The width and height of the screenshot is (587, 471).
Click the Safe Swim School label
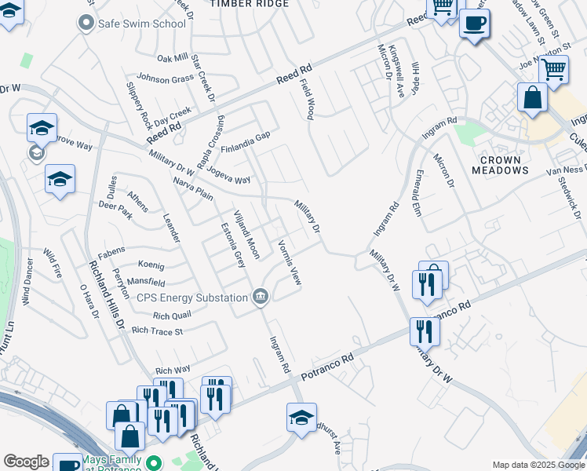click(142, 24)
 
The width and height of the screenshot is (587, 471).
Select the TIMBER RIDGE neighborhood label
click(250, 4)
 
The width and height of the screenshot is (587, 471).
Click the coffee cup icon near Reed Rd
click(474, 24)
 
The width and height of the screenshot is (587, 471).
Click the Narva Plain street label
click(193, 189)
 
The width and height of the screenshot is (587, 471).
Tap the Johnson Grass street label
click(166, 78)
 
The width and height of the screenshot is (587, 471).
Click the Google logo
click(26, 462)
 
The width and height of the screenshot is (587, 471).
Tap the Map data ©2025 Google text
click(538, 465)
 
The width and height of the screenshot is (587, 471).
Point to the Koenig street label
click(151, 265)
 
